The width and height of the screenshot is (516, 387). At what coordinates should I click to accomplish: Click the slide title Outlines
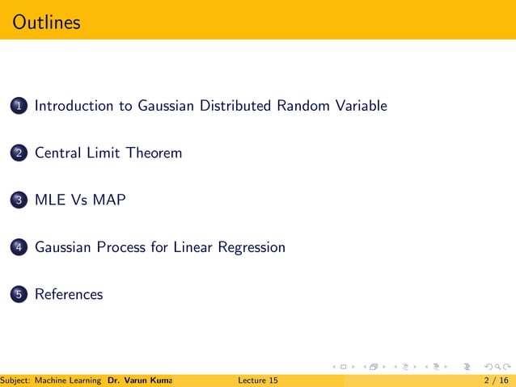pyautogui.click(x=47, y=22)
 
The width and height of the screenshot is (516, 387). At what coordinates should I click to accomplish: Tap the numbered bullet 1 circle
pyautogui.click(x=19, y=106)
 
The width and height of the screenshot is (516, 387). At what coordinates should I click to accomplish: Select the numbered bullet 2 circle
pyautogui.click(x=19, y=154)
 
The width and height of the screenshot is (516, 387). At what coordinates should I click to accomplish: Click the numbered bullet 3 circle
pyautogui.click(x=19, y=200)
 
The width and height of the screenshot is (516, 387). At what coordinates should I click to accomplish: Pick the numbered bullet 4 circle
pyautogui.click(x=19, y=248)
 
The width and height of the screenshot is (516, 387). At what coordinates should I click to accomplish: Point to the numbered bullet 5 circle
pyautogui.click(x=19, y=295)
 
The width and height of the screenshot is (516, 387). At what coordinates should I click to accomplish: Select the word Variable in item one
pyautogui.click(x=362, y=106)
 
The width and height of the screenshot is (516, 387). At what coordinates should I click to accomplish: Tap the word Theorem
pyautogui.click(x=154, y=153)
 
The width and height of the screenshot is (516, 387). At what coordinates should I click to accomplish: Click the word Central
pyautogui.click(x=57, y=153)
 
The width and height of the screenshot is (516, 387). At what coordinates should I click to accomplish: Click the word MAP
pyautogui.click(x=109, y=200)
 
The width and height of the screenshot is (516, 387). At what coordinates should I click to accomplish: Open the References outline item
pyautogui.click(x=69, y=294)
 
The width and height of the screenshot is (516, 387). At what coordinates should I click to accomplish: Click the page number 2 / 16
pyautogui.click(x=494, y=380)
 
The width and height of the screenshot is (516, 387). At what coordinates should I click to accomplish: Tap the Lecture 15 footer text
pyautogui.click(x=259, y=380)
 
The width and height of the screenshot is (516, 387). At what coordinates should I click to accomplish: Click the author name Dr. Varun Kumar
pyautogui.click(x=134, y=380)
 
